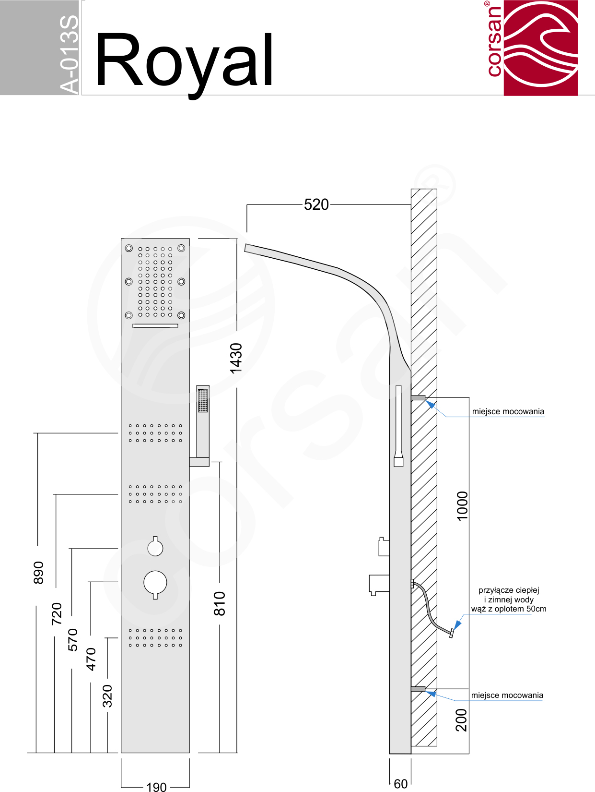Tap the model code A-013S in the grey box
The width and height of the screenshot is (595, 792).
69,54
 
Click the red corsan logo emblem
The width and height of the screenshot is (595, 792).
540,48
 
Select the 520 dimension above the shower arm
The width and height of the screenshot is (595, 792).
316,204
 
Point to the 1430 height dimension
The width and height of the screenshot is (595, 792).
236,358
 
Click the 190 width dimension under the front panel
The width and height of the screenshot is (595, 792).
156,787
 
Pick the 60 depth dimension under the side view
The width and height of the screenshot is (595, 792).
400,784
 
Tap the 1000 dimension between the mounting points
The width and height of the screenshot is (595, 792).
462,506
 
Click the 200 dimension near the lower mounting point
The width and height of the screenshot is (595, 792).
461,720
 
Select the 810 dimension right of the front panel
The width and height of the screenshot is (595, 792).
220,603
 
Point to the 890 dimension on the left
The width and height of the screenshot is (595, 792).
38,573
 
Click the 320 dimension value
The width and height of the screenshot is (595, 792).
107,696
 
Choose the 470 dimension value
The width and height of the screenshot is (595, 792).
91,659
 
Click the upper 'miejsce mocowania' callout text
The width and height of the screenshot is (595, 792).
508,411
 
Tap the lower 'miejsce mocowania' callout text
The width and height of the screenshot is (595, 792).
507,696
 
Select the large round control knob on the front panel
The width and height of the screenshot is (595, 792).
155,583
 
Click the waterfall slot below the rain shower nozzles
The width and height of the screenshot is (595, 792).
155,326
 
